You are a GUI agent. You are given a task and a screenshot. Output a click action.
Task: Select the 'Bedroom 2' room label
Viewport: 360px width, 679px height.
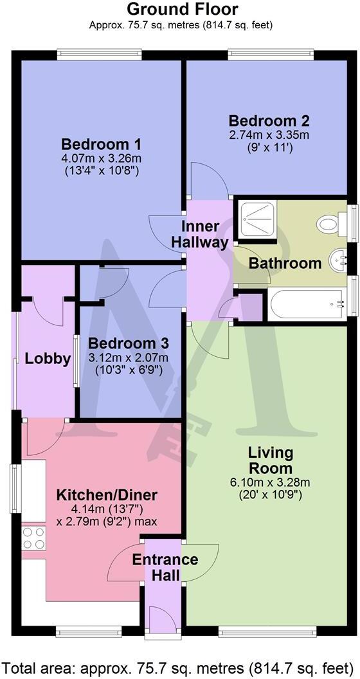[269, 120]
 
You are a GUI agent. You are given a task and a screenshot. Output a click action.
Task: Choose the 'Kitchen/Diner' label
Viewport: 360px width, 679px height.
[107, 495]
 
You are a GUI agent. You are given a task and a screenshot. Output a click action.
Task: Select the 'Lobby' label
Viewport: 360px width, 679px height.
[48, 359]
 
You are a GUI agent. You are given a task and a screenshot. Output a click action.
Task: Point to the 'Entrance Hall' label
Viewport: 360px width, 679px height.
[165, 566]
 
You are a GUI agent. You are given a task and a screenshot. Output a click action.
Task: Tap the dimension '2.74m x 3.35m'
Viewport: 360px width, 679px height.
[269, 134]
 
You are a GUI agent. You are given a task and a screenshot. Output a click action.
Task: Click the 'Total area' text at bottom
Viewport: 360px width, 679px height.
[179, 666]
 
